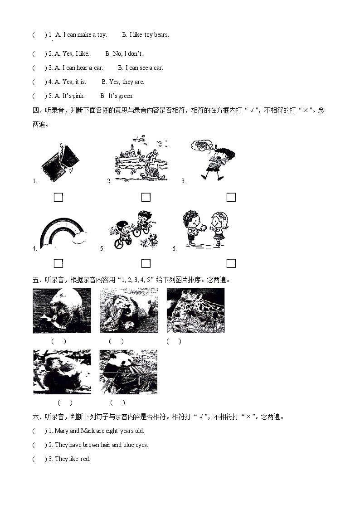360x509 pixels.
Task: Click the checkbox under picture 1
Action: pyautogui.click(x=58, y=197)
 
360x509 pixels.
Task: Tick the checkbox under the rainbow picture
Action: pyautogui.click(x=58, y=263)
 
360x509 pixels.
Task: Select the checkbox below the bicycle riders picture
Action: pyautogui.click(x=146, y=263)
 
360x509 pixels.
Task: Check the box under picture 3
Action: pyautogui.click(x=231, y=197)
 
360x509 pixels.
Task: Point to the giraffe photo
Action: pyautogui.click(x=195, y=310)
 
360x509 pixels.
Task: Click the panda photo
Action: pyautogui.click(x=128, y=372)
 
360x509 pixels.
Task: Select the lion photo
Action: pyautogui.click(x=129, y=310)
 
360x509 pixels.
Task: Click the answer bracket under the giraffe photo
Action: pyautogui.click(x=174, y=341)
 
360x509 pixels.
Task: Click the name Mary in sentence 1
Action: pyautogui.click(x=62, y=431)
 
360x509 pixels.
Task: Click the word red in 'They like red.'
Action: pyautogui.click(x=85, y=459)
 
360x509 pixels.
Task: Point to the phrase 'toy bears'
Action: pyautogui.click(x=156, y=35)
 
